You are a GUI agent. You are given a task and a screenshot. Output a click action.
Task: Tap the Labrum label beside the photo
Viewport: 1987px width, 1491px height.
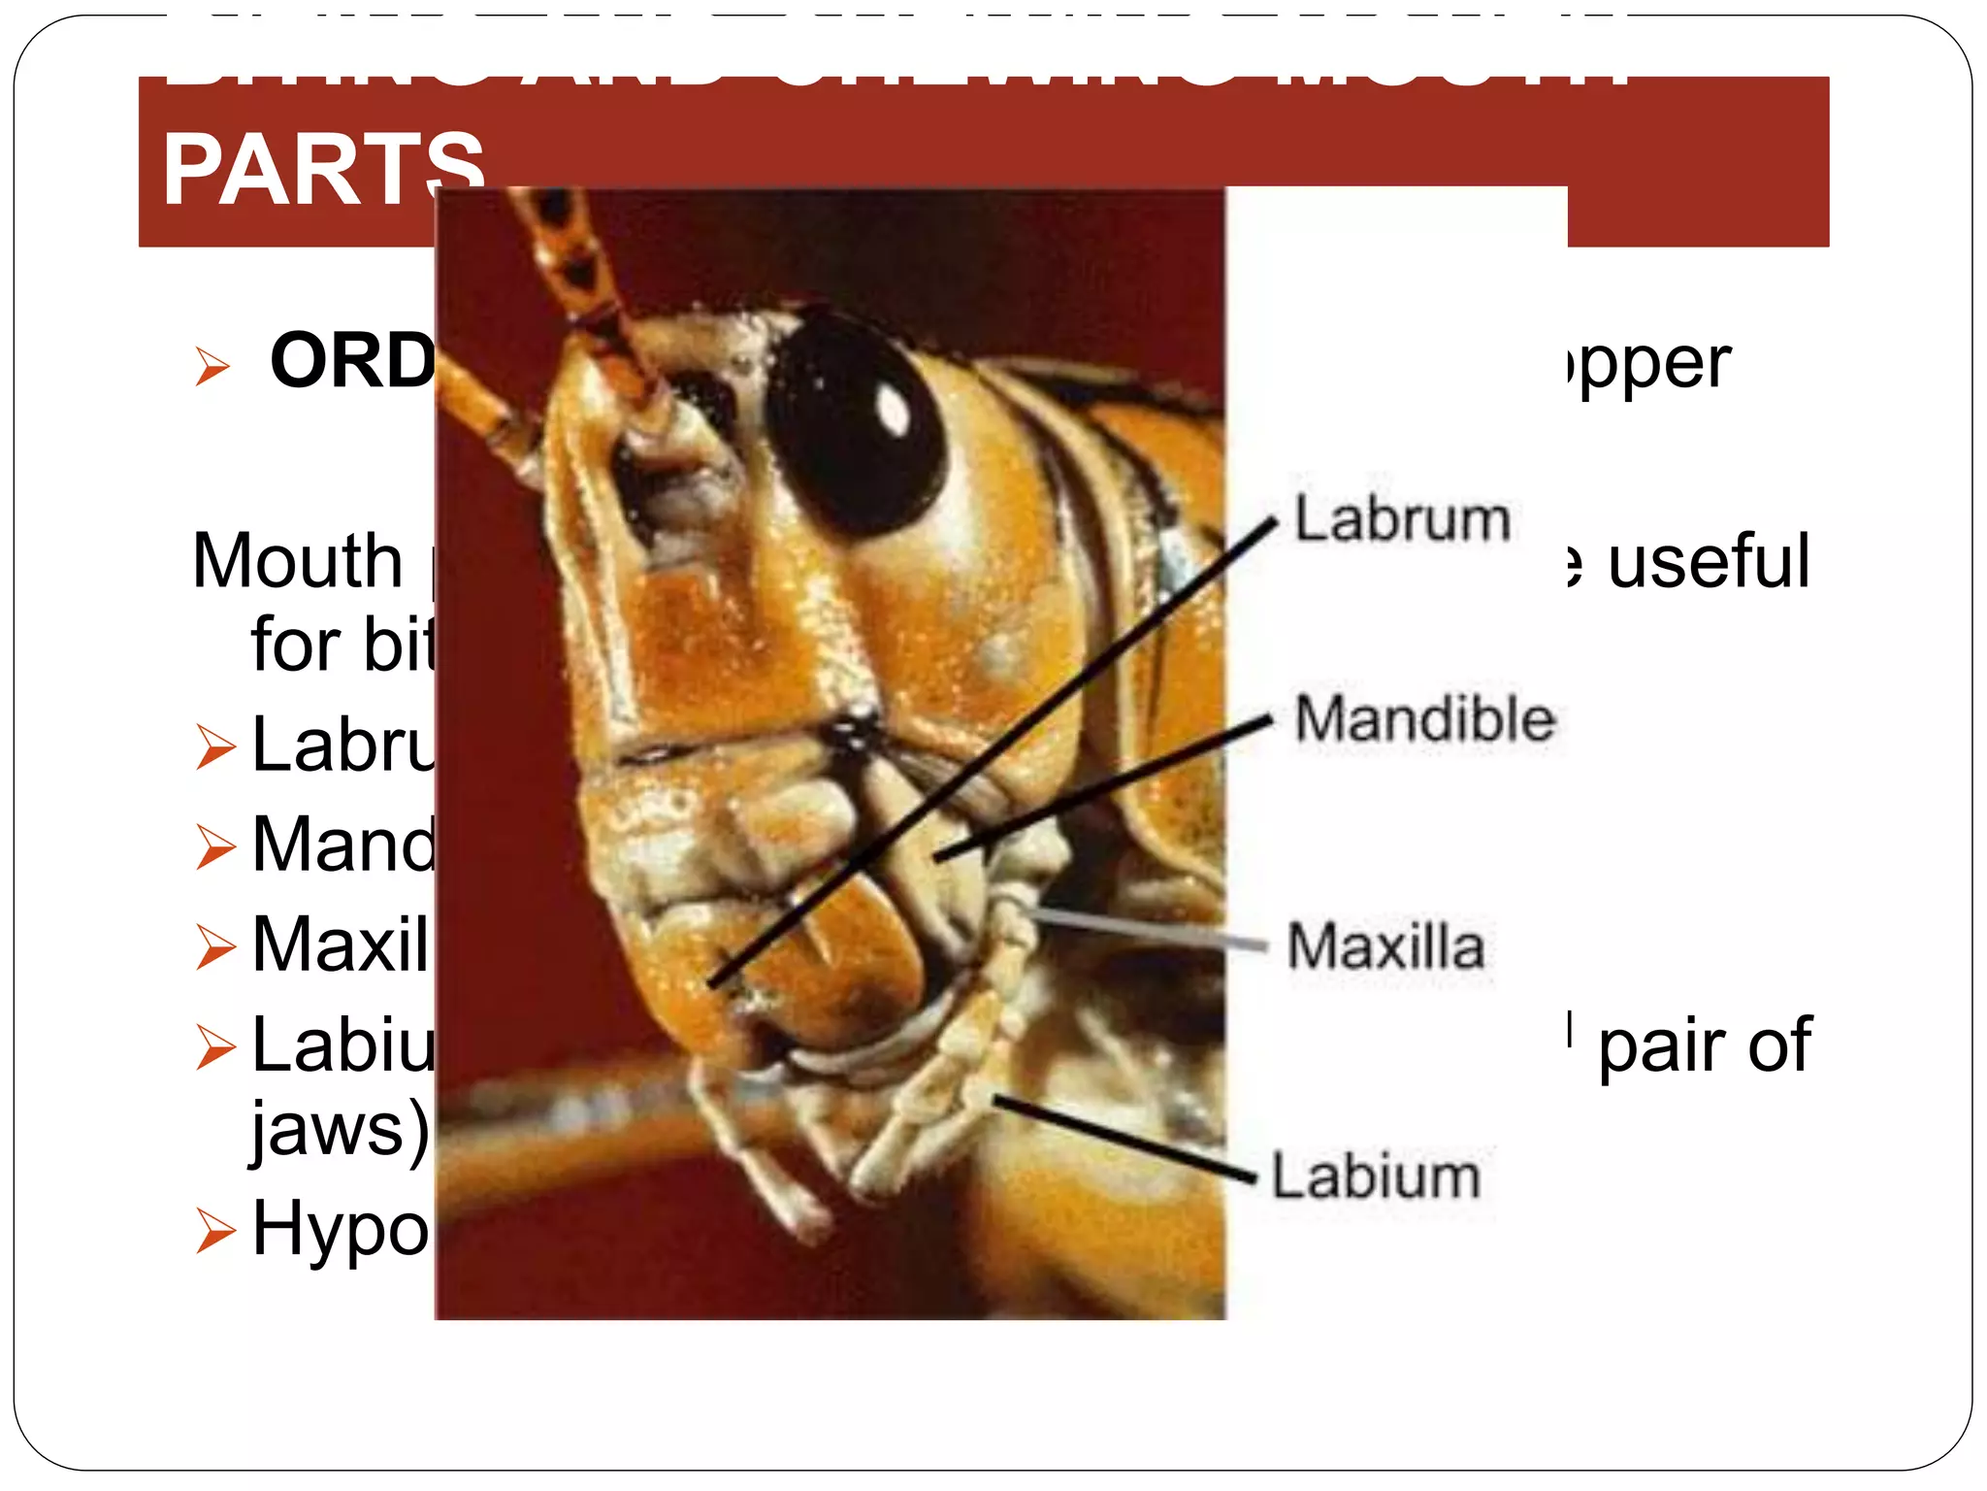pyautogui.click(x=1402, y=519)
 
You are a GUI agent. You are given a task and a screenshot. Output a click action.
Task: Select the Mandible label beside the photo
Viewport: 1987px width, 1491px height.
pyautogui.click(x=1424, y=719)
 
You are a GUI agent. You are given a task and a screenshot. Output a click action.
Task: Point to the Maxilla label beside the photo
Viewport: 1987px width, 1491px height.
pyautogui.click(x=1385, y=946)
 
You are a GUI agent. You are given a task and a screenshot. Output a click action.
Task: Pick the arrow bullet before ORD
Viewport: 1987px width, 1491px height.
pyautogui.click(x=212, y=366)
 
